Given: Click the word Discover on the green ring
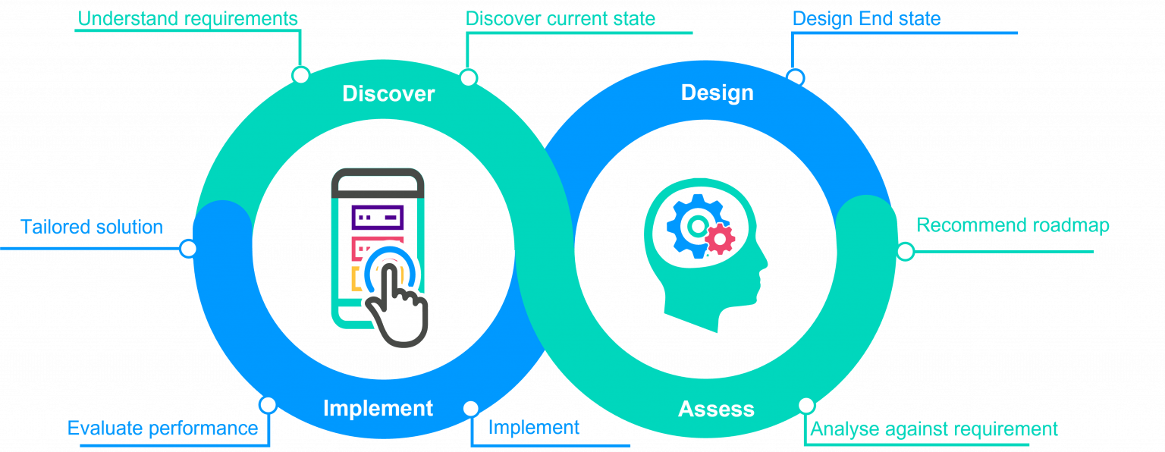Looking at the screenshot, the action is click(388, 93).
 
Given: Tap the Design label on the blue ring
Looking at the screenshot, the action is click(718, 93).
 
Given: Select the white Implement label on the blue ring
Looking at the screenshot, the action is click(378, 408).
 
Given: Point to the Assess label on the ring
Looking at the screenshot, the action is click(716, 409).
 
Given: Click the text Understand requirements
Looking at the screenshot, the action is click(187, 19).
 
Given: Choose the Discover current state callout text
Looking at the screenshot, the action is click(561, 19).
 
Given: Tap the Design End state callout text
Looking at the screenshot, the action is click(866, 19).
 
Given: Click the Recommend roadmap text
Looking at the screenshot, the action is click(1013, 225).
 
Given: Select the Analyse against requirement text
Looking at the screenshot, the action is click(934, 429).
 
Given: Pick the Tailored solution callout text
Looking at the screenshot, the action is click(92, 228).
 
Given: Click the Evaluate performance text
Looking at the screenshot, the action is click(163, 428).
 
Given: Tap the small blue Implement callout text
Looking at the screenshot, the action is click(534, 428).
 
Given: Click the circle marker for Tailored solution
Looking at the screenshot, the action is click(188, 249).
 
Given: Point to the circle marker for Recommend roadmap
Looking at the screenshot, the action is click(906, 251).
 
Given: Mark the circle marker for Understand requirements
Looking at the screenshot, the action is click(300, 75).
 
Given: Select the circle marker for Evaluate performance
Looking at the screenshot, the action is click(268, 405).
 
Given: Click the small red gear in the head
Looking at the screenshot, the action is click(721, 239).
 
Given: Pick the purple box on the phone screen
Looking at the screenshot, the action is click(378, 218).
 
